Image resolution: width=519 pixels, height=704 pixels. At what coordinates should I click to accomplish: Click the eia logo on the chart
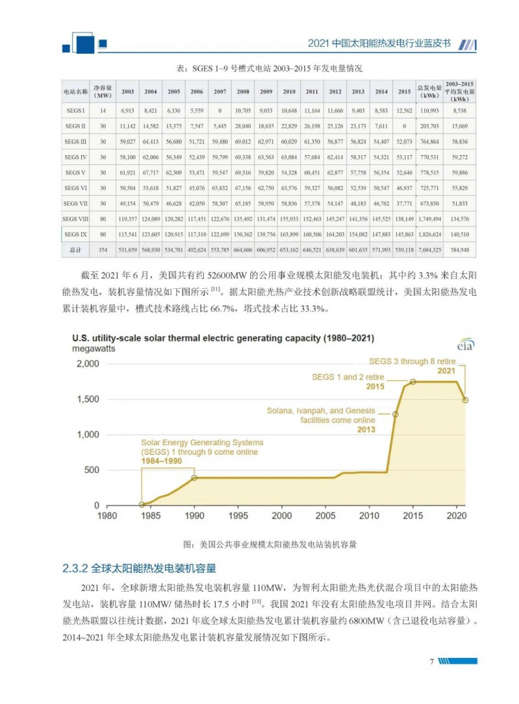[465, 345]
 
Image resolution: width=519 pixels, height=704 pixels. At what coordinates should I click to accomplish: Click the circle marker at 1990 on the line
[194, 478]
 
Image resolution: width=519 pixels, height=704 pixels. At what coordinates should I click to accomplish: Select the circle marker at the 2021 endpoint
[465, 400]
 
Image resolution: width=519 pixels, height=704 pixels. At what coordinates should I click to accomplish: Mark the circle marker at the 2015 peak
[413, 382]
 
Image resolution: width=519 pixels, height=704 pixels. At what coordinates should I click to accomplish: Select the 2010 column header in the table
[289, 91]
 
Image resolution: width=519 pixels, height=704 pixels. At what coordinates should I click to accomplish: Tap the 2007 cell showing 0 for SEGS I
[220, 111]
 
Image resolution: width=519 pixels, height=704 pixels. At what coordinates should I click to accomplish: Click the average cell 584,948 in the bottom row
[459, 249]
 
